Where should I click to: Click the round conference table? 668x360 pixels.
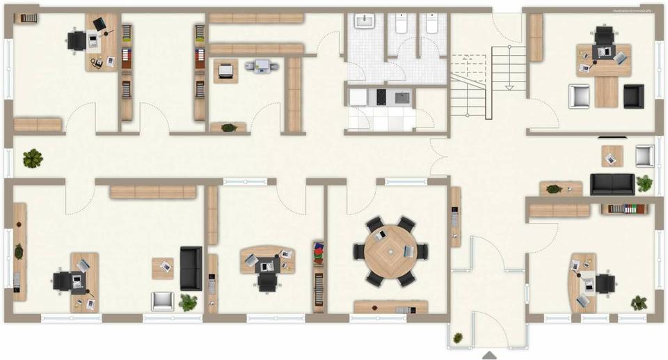coord(390,251)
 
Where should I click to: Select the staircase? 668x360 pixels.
coord(487,80)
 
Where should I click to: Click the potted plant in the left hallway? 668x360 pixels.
coord(32,159)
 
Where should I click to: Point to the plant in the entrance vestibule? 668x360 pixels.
coord(458,338)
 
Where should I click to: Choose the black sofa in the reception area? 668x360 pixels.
coord(612,184)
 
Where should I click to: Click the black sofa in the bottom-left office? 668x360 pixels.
coord(191,268)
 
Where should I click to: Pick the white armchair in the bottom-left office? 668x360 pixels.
coord(162,300)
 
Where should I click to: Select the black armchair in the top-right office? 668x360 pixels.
coord(633,96)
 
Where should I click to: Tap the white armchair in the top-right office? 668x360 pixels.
coord(579,96)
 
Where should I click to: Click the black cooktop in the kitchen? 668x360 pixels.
coord(381,97)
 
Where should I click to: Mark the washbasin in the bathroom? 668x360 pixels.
coord(365,22)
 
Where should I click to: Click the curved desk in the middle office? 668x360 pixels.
coord(267,258)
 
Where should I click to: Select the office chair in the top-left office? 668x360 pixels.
coord(75,40)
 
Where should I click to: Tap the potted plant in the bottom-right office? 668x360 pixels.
coord(639,303)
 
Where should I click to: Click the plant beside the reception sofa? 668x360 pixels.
coord(644,184)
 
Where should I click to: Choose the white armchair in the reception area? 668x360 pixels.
coord(645,155)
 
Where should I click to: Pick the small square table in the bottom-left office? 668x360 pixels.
coord(163,267)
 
